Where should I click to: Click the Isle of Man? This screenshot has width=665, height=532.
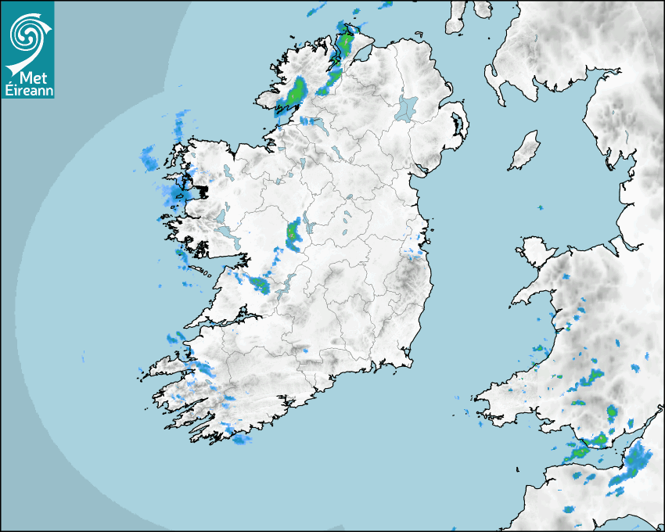click(x=525, y=150)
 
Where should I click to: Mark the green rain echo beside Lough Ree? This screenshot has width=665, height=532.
click(x=293, y=235)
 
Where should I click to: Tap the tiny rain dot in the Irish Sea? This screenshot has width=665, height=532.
click(x=540, y=207)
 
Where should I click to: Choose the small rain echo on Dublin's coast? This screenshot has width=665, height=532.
click(x=415, y=253)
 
